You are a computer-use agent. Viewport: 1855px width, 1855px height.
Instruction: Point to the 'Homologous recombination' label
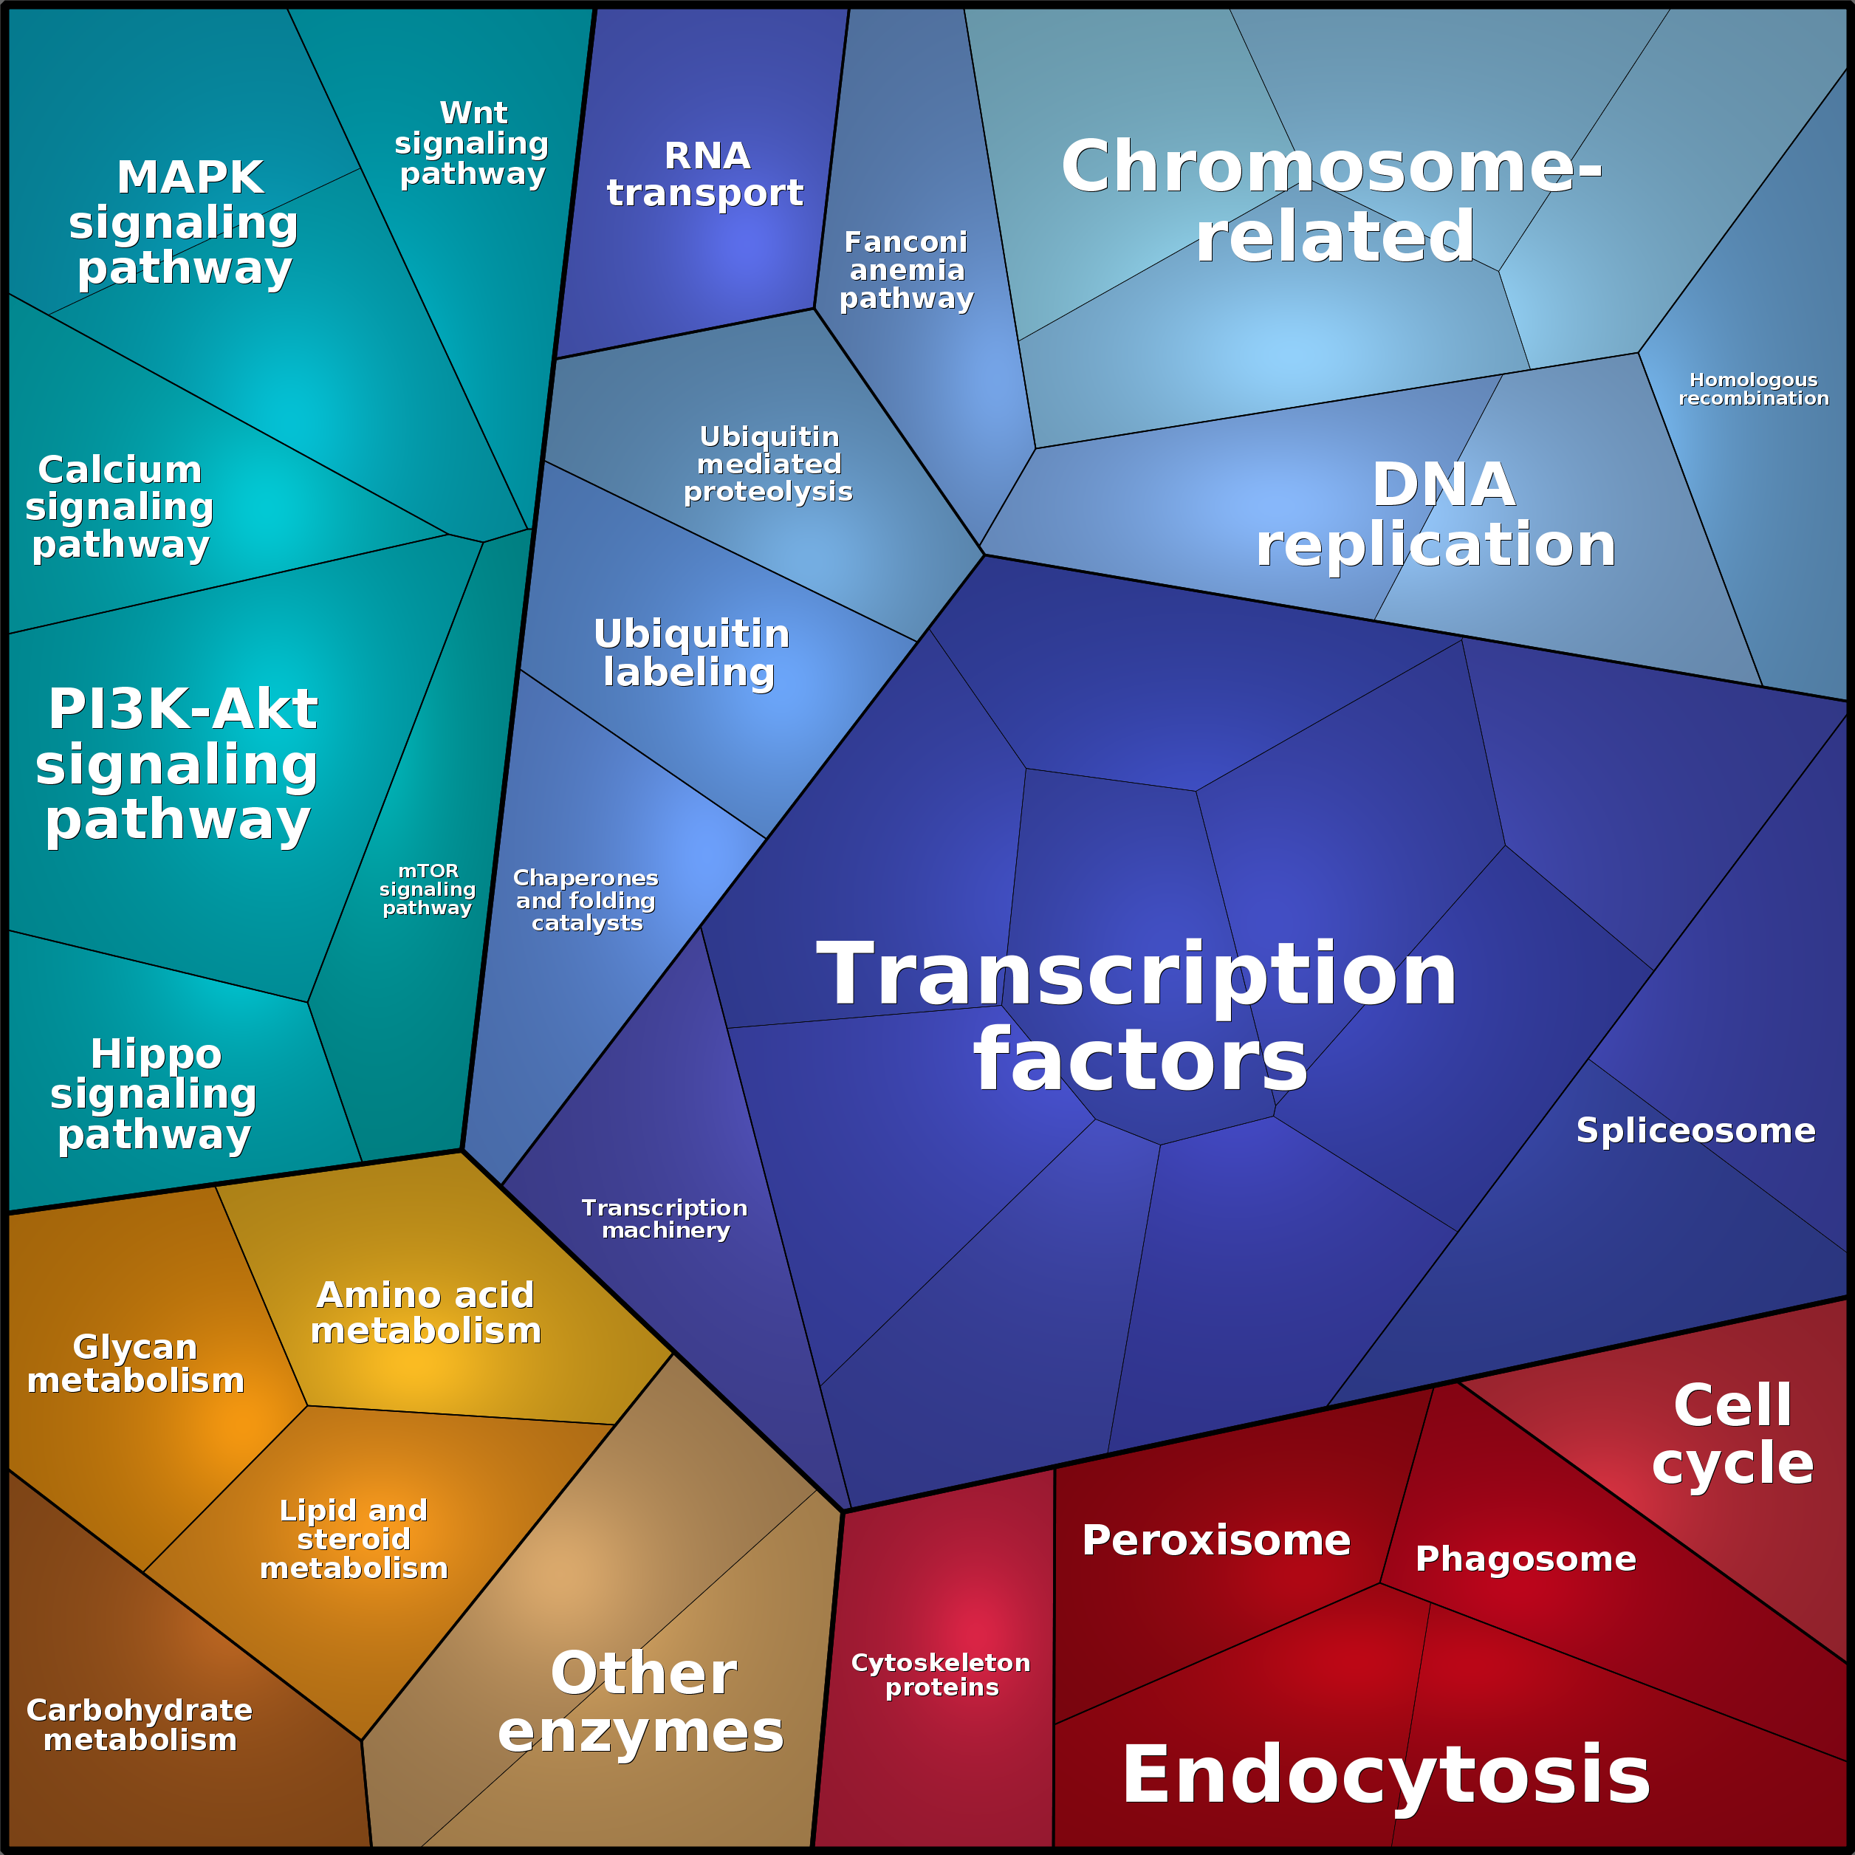(x=1753, y=389)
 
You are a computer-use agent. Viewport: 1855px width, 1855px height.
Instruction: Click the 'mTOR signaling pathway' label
(x=428, y=889)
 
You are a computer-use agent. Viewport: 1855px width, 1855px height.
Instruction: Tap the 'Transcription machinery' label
(x=665, y=1218)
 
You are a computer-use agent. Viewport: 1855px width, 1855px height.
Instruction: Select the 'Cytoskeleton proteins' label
(x=941, y=1675)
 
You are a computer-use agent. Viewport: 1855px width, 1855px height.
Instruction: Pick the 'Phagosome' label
(x=1526, y=1558)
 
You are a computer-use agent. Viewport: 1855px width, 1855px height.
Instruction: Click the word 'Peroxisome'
(x=1215, y=1540)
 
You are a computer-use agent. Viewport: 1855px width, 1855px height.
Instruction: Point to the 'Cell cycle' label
(x=1732, y=1435)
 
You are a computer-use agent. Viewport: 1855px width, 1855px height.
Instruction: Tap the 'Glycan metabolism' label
(x=135, y=1363)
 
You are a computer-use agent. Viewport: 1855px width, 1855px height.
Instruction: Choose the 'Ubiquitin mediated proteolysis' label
(x=768, y=464)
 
